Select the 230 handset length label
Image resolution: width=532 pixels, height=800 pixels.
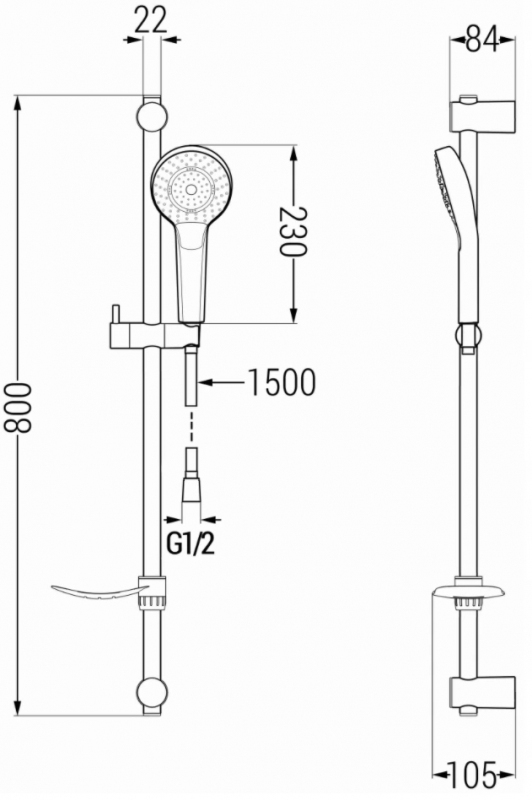pyautogui.click(x=293, y=231)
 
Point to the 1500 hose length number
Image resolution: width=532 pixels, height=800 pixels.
pyautogui.click(x=281, y=382)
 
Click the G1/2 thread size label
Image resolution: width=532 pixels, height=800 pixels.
pyautogui.click(x=191, y=544)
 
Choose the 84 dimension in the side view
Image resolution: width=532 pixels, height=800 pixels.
pyautogui.click(x=482, y=41)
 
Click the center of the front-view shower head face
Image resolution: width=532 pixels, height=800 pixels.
pyautogui.click(x=192, y=190)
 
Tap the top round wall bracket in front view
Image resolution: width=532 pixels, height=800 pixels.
pyautogui.click(x=152, y=117)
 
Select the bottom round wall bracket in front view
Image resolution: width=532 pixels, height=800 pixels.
pyautogui.click(x=152, y=693)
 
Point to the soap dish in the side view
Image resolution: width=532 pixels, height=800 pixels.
pyautogui.click(x=469, y=593)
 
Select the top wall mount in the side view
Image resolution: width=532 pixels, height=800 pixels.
pyautogui.click(x=482, y=115)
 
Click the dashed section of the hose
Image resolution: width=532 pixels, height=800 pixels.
pyautogui.click(x=192, y=426)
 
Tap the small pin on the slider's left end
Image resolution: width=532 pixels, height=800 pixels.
pyautogui.click(x=116, y=313)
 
